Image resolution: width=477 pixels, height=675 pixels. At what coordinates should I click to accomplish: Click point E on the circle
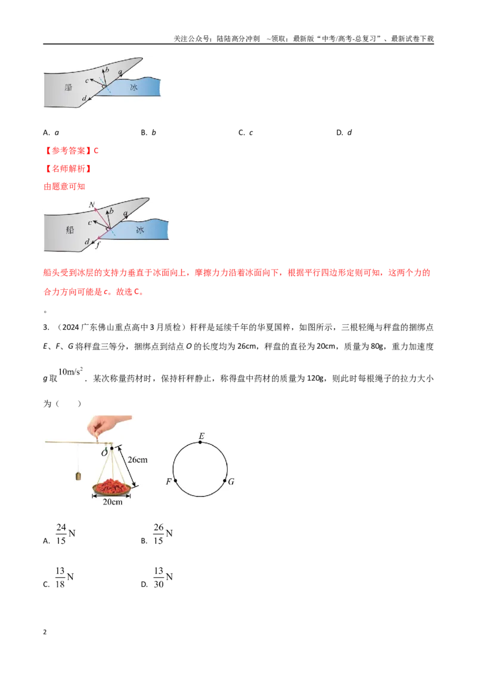pyautogui.click(x=200, y=442)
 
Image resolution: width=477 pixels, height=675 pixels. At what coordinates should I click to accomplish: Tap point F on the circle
pyautogui.click(x=176, y=481)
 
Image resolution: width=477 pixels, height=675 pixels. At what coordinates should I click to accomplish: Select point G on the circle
pyautogui.click(x=225, y=481)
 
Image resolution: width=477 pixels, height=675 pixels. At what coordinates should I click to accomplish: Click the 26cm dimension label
pyautogui.click(x=137, y=460)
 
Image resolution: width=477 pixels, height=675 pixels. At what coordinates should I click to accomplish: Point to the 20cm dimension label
pyautogui.click(x=112, y=502)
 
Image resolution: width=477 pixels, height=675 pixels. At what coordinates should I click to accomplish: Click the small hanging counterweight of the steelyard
pyautogui.click(x=78, y=476)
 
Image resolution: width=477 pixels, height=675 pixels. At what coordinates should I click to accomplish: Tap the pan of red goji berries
pyautogui.click(x=112, y=487)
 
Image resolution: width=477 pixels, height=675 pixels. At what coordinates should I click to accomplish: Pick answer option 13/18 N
pyautogui.click(x=64, y=577)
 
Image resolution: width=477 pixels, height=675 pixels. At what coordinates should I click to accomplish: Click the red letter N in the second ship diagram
pyautogui.click(x=92, y=205)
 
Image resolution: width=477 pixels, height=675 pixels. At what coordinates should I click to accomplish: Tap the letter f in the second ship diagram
pyautogui.click(x=98, y=245)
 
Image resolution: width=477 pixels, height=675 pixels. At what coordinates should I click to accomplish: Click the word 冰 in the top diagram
pyautogui.click(x=134, y=88)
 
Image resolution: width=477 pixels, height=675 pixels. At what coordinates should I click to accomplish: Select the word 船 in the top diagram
pyautogui.click(x=69, y=88)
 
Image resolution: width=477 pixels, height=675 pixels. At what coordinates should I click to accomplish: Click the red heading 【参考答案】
pyautogui.click(x=68, y=151)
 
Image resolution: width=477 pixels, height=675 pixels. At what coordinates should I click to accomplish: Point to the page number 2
pyautogui.click(x=45, y=632)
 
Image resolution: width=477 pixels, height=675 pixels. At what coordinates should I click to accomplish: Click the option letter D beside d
pyautogui.click(x=339, y=132)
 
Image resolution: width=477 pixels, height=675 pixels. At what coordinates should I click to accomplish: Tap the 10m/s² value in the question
pyautogui.click(x=70, y=371)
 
